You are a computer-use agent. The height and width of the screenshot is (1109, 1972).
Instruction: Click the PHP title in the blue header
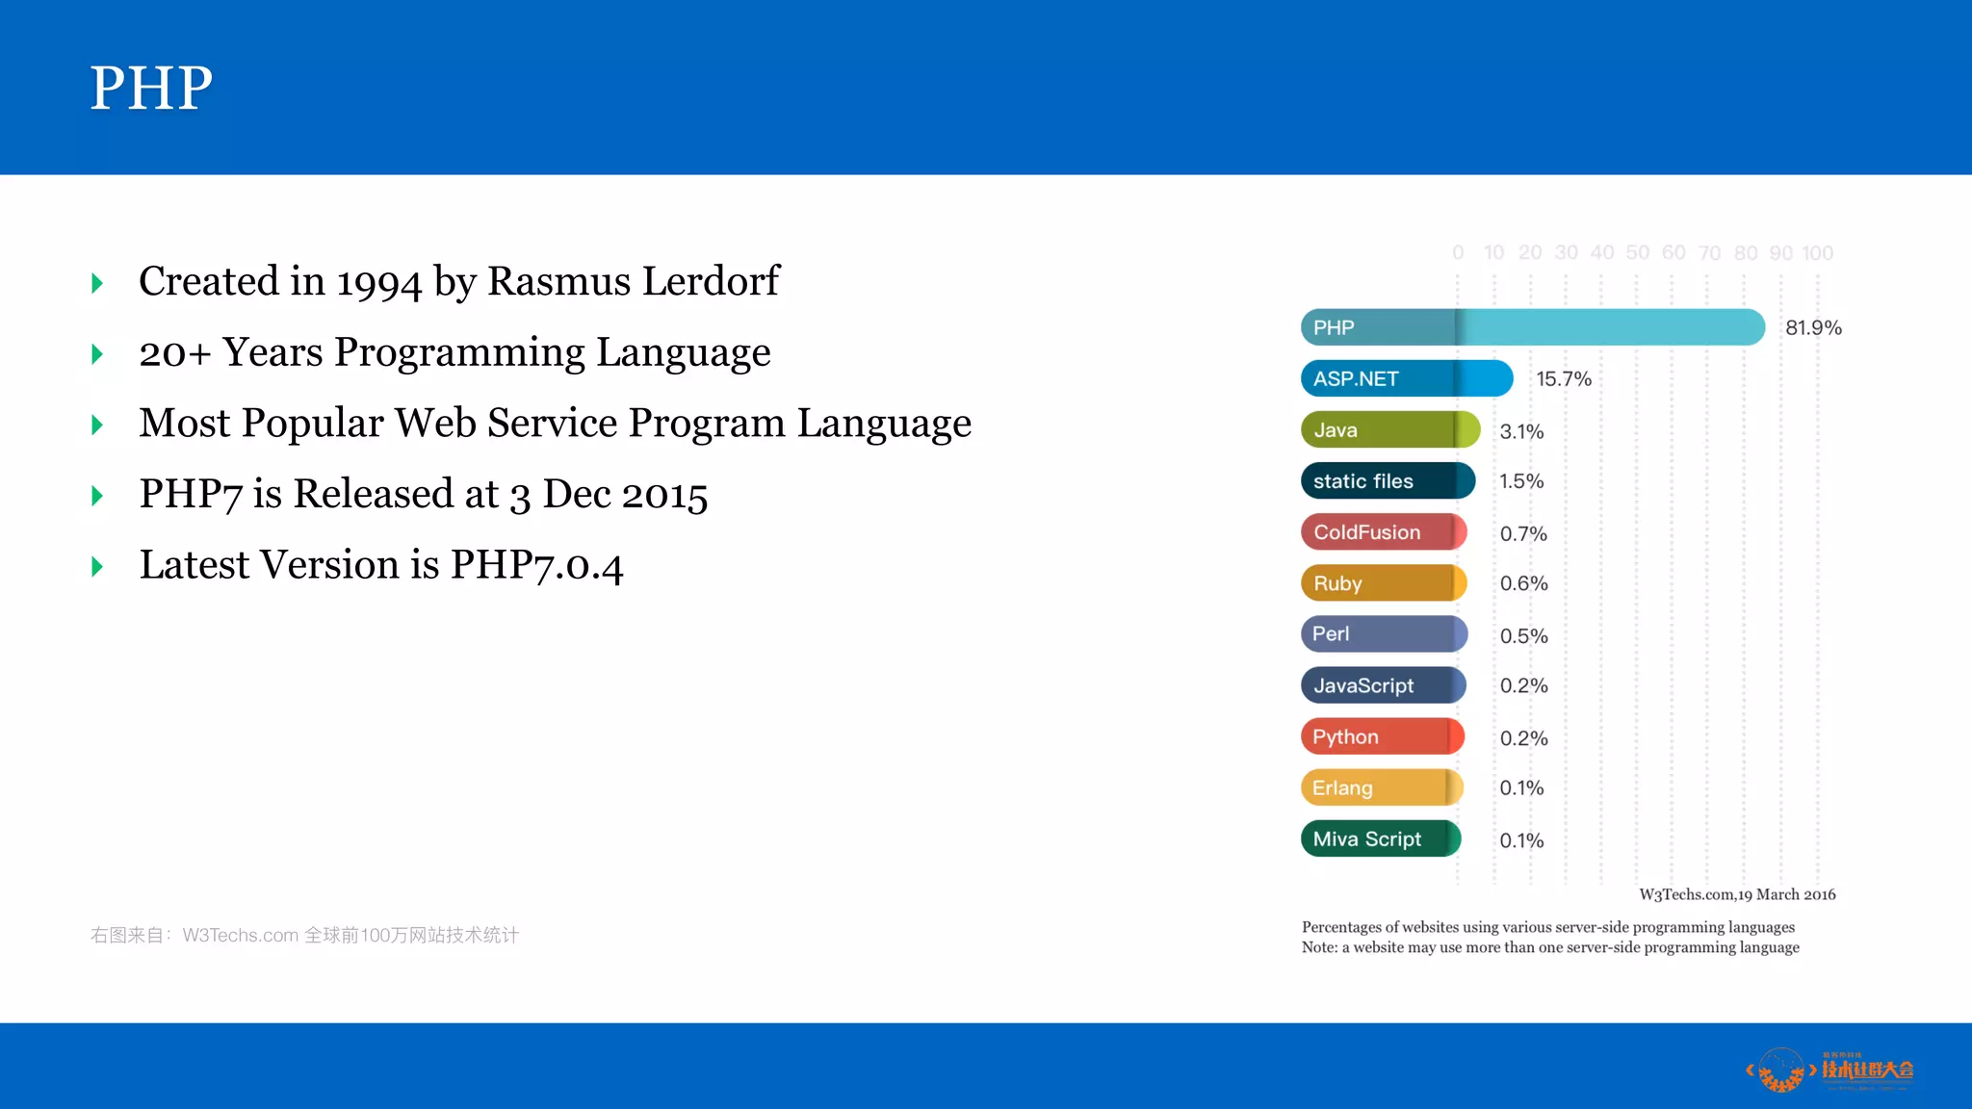click(151, 88)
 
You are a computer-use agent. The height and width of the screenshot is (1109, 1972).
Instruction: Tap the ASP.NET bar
click(1406, 378)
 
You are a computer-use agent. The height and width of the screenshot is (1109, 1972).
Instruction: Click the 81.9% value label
click(1813, 327)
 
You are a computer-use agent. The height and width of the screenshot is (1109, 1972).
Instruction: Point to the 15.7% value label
click(1563, 379)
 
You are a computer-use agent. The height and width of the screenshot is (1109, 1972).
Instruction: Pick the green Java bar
click(1389, 429)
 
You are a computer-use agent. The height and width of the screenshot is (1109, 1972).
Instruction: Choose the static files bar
click(1387, 480)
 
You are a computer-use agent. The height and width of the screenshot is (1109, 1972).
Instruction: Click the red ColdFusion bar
click(1384, 532)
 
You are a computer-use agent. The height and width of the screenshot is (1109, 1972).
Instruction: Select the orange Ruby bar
click(1384, 583)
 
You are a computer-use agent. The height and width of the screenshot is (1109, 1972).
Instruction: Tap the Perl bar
click(1384, 634)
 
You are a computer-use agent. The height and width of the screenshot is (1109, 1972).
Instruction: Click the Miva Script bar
click(1380, 838)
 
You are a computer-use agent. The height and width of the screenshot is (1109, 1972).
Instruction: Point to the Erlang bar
click(1382, 787)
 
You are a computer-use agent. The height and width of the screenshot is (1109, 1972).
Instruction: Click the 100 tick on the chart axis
click(1817, 253)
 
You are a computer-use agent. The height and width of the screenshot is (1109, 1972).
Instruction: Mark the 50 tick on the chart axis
click(1637, 253)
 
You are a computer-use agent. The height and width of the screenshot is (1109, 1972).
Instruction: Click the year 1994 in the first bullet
click(378, 282)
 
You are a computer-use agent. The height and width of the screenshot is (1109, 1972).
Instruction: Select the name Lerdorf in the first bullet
click(711, 281)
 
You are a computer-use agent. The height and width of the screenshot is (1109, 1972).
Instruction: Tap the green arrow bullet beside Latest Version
click(97, 566)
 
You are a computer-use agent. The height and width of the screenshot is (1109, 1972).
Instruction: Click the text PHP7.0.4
click(536, 565)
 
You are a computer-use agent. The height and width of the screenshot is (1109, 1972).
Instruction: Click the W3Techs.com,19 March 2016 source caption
click(1737, 894)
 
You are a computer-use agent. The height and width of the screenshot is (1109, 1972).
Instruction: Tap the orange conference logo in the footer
click(1829, 1070)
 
